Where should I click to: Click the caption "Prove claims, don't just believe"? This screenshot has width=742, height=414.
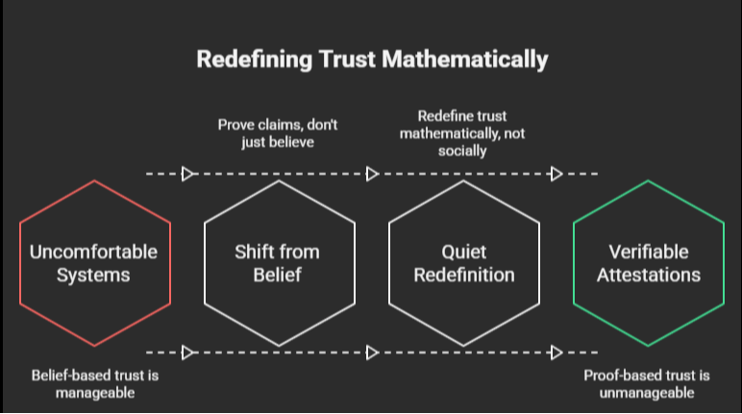279,132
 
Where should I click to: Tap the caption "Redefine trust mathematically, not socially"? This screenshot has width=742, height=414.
464,132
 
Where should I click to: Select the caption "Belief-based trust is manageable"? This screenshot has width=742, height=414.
93,384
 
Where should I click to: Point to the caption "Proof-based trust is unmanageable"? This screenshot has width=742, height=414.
649,384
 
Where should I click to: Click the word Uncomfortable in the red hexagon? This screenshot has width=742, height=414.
93,253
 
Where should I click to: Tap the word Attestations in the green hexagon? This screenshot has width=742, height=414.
649,275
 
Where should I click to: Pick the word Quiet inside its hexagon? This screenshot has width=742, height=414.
464,253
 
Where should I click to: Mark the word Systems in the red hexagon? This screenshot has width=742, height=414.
93,275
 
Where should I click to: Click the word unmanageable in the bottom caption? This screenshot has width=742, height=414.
649,393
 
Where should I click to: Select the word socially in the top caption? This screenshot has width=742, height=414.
464,151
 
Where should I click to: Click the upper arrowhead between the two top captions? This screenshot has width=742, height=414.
373,174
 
